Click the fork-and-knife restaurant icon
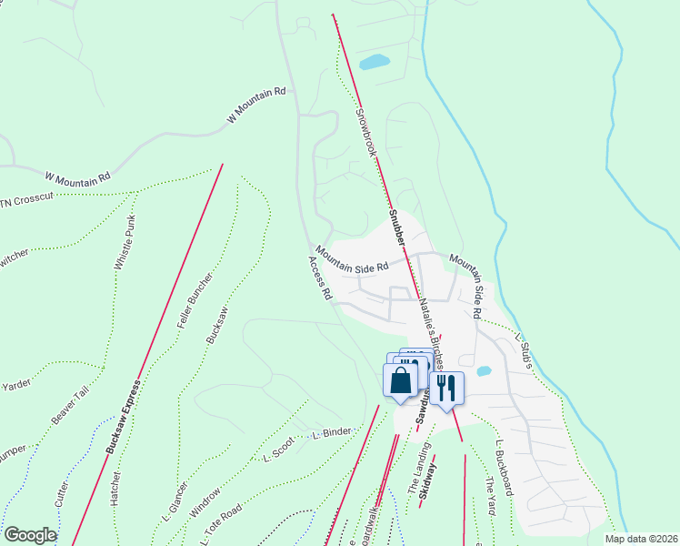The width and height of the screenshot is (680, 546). [x=445, y=388]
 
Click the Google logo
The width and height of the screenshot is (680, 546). [x=30, y=535]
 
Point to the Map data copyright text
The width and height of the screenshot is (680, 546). [x=641, y=538]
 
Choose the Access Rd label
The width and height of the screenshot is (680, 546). [x=320, y=278]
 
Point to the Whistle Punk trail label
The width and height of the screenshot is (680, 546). [x=126, y=243]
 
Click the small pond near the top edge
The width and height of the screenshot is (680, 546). [x=374, y=63]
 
